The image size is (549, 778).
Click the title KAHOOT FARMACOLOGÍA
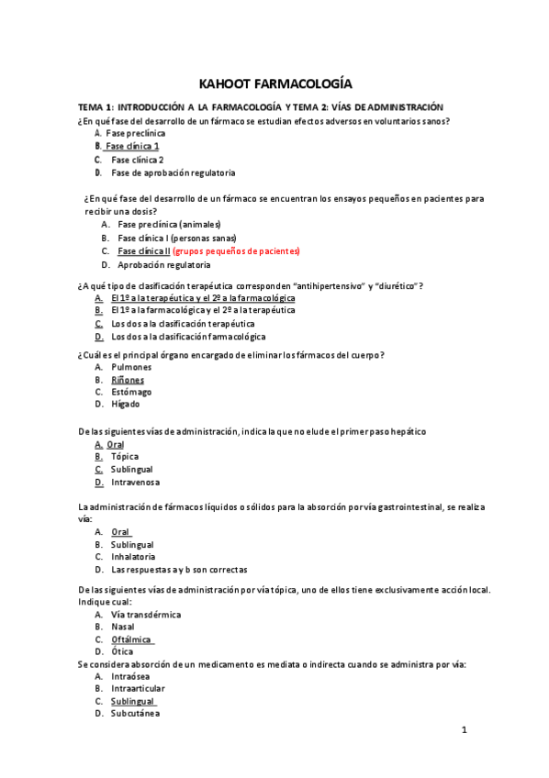click(274, 83)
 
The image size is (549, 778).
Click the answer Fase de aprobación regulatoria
click(173, 172)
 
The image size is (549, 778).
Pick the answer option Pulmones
click(131, 366)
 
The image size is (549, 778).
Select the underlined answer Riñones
click(128, 379)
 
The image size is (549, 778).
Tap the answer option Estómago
click(131, 392)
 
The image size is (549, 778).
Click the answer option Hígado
click(126, 405)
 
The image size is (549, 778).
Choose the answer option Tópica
click(124, 456)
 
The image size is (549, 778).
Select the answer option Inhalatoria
click(133, 557)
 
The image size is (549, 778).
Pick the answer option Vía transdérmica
click(146, 615)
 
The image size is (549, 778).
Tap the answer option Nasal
click(123, 628)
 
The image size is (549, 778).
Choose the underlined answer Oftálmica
click(132, 639)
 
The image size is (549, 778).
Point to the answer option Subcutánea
click(135, 713)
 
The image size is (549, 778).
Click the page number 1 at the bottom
click(465, 731)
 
